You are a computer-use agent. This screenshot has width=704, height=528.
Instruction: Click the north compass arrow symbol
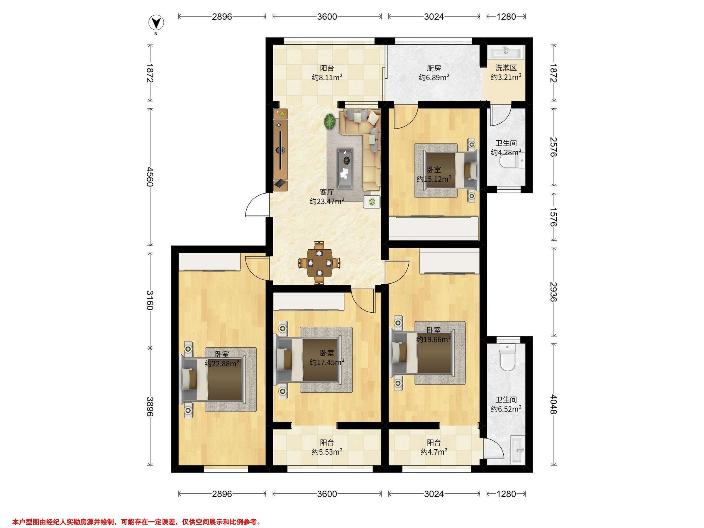(156, 23)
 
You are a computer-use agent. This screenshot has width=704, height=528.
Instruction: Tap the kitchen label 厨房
(434, 68)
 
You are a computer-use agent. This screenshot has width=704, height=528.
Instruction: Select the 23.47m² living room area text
(327, 201)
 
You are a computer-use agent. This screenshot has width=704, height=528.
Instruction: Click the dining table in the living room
(319, 263)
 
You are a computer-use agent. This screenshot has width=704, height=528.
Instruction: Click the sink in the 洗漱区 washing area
(506, 52)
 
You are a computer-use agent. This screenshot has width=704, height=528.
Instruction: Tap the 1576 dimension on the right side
(554, 217)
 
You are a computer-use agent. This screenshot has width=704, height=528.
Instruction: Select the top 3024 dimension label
(434, 16)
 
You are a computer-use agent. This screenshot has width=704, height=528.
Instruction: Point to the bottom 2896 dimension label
(222, 494)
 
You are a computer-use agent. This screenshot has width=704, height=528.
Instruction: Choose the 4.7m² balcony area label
(434, 452)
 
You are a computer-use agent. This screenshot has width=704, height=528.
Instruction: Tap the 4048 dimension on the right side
(554, 404)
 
